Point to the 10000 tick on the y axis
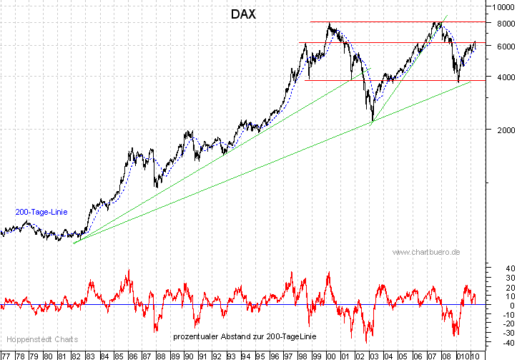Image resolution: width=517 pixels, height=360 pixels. click(x=501, y=9)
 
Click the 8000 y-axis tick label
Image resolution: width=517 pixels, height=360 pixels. click(x=500, y=24)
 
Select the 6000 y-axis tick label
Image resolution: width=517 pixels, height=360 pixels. click(x=500, y=46)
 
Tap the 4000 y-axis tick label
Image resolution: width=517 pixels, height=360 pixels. click(x=500, y=77)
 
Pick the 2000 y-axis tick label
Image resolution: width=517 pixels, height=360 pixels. click(x=500, y=130)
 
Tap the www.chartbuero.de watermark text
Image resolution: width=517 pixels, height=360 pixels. click(x=426, y=252)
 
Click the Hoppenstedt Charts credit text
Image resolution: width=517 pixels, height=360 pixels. click(x=41, y=339)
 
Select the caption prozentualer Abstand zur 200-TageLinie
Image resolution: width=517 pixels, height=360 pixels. click(x=240, y=336)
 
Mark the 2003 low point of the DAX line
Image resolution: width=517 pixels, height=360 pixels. click(x=373, y=121)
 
